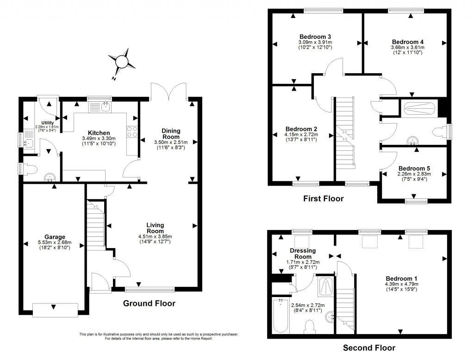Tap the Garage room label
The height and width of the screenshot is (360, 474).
click(x=55, y=237)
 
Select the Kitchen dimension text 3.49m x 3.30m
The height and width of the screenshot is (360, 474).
click(x=99, y=138)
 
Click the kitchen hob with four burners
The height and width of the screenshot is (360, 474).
click(x=132, y=132)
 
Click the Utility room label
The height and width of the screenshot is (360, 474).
click(x=48, y=123)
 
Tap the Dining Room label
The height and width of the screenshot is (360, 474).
click(x=171, y=134)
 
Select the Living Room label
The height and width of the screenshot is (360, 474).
click(x=155, y=228)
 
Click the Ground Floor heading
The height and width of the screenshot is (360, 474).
click(x=149, y=303)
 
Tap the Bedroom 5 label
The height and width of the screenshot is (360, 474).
click(x=414, y=168)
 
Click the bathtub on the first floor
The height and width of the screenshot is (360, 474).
click(x=419, y=109)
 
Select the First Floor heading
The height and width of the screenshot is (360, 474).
click(x=324, y=199)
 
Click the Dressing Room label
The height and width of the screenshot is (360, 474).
click(x=303, y=254)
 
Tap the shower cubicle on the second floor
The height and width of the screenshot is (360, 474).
click(x=326, y=287)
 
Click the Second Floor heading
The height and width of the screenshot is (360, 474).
click(x=369, y=348)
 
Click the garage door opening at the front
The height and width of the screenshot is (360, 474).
click(x=55, y=310)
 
